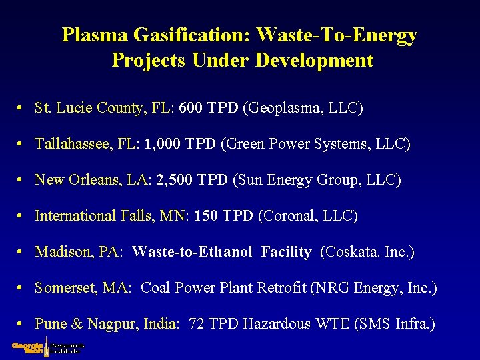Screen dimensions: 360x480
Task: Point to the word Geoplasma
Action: [x=287, y=108]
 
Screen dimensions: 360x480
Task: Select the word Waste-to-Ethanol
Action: [x=192, y=252]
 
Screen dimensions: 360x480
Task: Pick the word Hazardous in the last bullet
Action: [x=277, y=324]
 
